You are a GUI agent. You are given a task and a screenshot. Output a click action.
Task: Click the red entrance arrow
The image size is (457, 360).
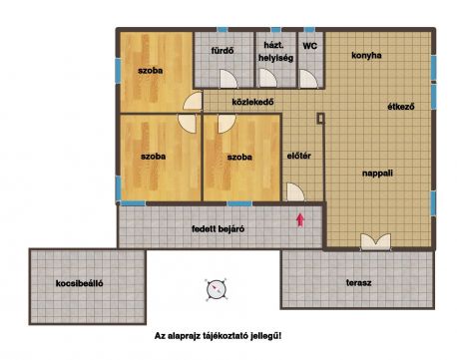(x=300, y=219)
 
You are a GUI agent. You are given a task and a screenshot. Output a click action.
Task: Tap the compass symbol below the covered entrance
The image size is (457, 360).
(x=217, y=289)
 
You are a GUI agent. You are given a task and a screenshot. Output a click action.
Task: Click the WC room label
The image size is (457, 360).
(x=309, y=46)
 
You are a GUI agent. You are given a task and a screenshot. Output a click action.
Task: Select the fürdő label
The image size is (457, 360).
(x=223, y=51)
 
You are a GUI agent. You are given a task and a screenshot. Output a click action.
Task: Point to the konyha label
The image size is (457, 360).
(x=366, y=55)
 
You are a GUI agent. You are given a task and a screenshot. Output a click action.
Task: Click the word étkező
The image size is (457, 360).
(x=401, y=107)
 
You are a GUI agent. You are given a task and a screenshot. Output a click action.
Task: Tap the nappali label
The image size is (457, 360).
(x=377, y=174)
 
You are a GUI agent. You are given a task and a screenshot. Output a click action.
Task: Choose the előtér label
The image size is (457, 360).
(x=298, y=156)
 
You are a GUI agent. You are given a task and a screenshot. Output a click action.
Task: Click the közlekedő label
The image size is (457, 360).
(x=252, y=102)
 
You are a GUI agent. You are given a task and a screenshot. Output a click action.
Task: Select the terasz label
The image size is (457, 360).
(x=358, y=283)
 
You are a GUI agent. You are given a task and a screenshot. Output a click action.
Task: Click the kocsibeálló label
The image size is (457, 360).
(x=79, y=283)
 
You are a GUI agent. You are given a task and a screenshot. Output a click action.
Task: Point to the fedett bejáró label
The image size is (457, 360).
(x=218, y=229)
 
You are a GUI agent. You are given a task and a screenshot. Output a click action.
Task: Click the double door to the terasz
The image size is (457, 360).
(x=375, y=241)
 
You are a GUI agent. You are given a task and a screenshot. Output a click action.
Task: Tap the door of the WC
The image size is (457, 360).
(x=308, y=79)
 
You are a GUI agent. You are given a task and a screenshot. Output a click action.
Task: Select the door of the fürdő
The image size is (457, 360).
(x=228, y=79)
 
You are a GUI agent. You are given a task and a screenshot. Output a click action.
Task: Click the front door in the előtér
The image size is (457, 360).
(x=295, y=192)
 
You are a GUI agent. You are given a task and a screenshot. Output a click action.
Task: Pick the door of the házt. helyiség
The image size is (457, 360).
(x=268, y=79)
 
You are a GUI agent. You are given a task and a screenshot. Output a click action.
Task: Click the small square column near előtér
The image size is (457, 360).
(x=320, y=119)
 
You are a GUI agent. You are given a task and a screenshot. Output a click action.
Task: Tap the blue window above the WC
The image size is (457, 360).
(x=309, y=30)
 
